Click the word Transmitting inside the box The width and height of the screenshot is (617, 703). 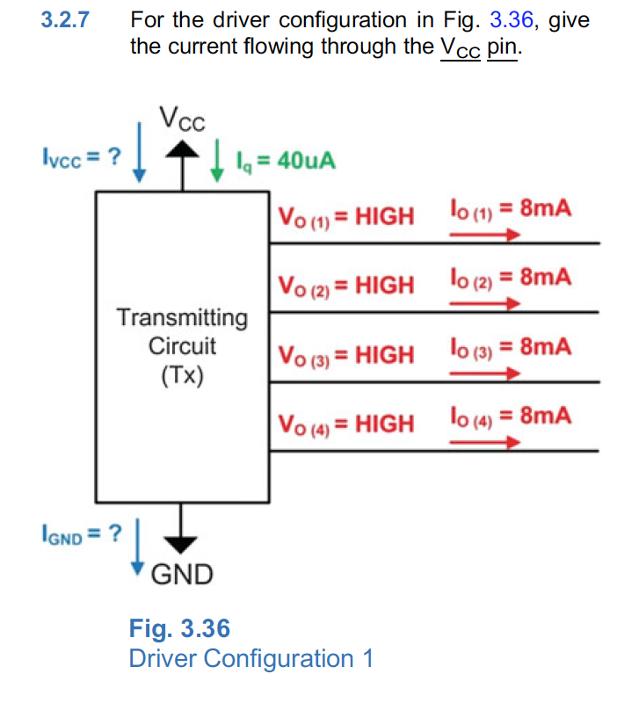tap(182, 316)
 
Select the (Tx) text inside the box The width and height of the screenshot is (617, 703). tap(182, 375)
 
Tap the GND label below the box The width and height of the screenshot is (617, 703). tap(182, 575)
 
